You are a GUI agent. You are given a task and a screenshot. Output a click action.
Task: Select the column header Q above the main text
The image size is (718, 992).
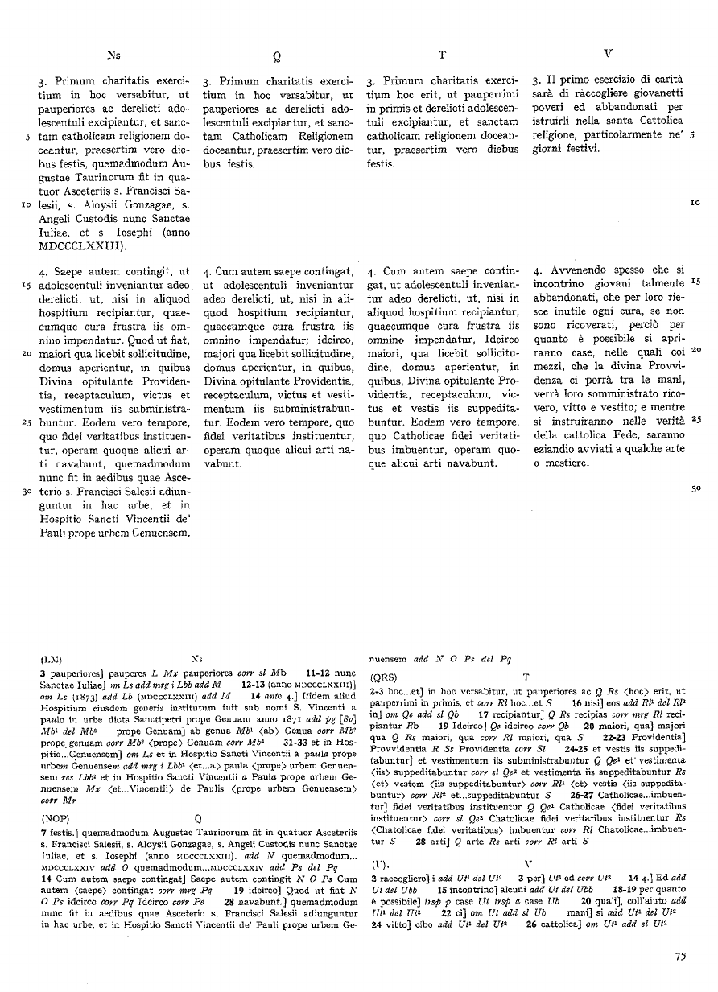277,56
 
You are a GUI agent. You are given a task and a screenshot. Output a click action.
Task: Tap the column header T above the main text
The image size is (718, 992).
442,56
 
